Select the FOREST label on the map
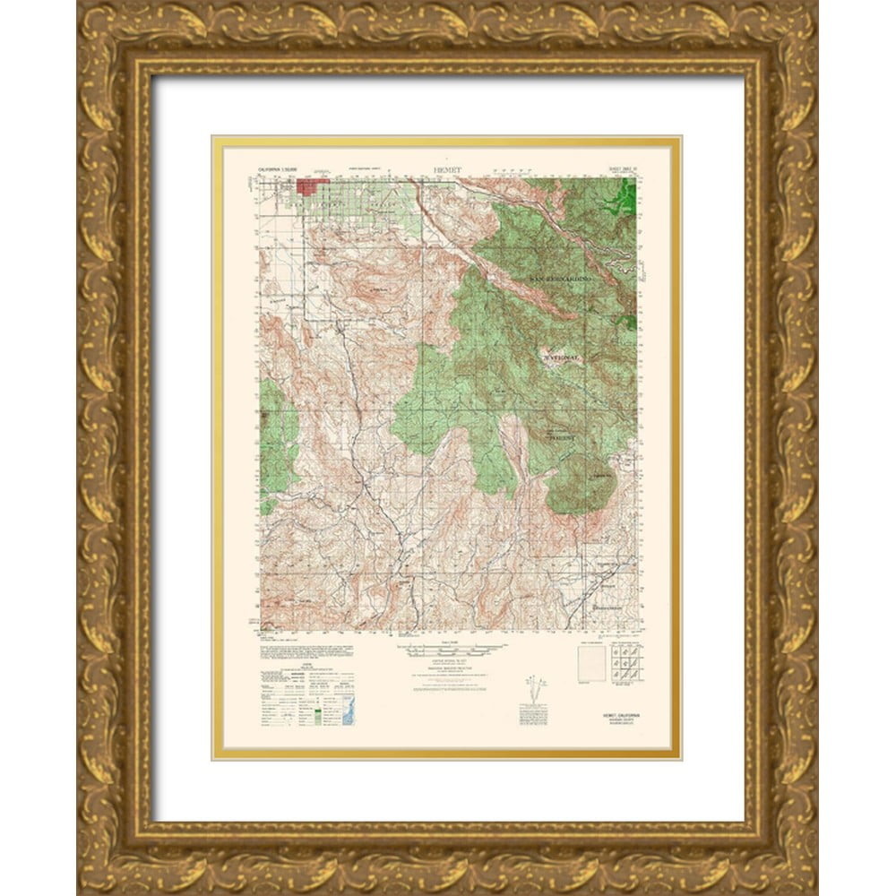coord(564,439)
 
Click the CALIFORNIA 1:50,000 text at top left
coord(283,168)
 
